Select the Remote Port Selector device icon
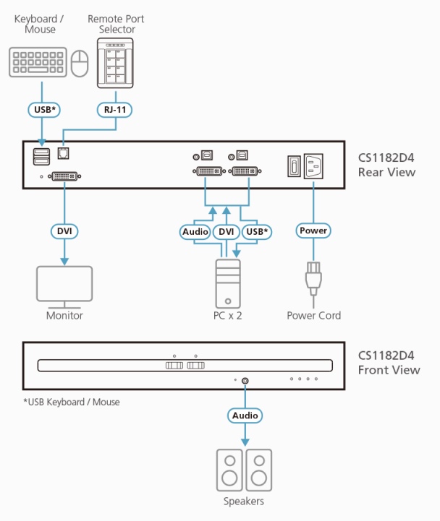118,62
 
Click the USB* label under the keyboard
43,110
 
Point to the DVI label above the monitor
64,231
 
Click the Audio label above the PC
194,231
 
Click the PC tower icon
227,283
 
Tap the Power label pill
313,231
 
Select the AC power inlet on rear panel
316,165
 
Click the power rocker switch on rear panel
292,165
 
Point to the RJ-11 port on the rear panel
63,154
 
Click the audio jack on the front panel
246,379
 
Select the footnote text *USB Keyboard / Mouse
71,402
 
